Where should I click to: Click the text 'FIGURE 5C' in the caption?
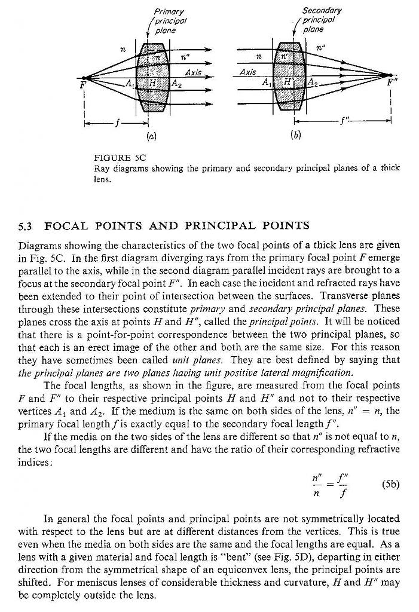pos(120,158)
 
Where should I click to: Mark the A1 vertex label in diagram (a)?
pos(129,83)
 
